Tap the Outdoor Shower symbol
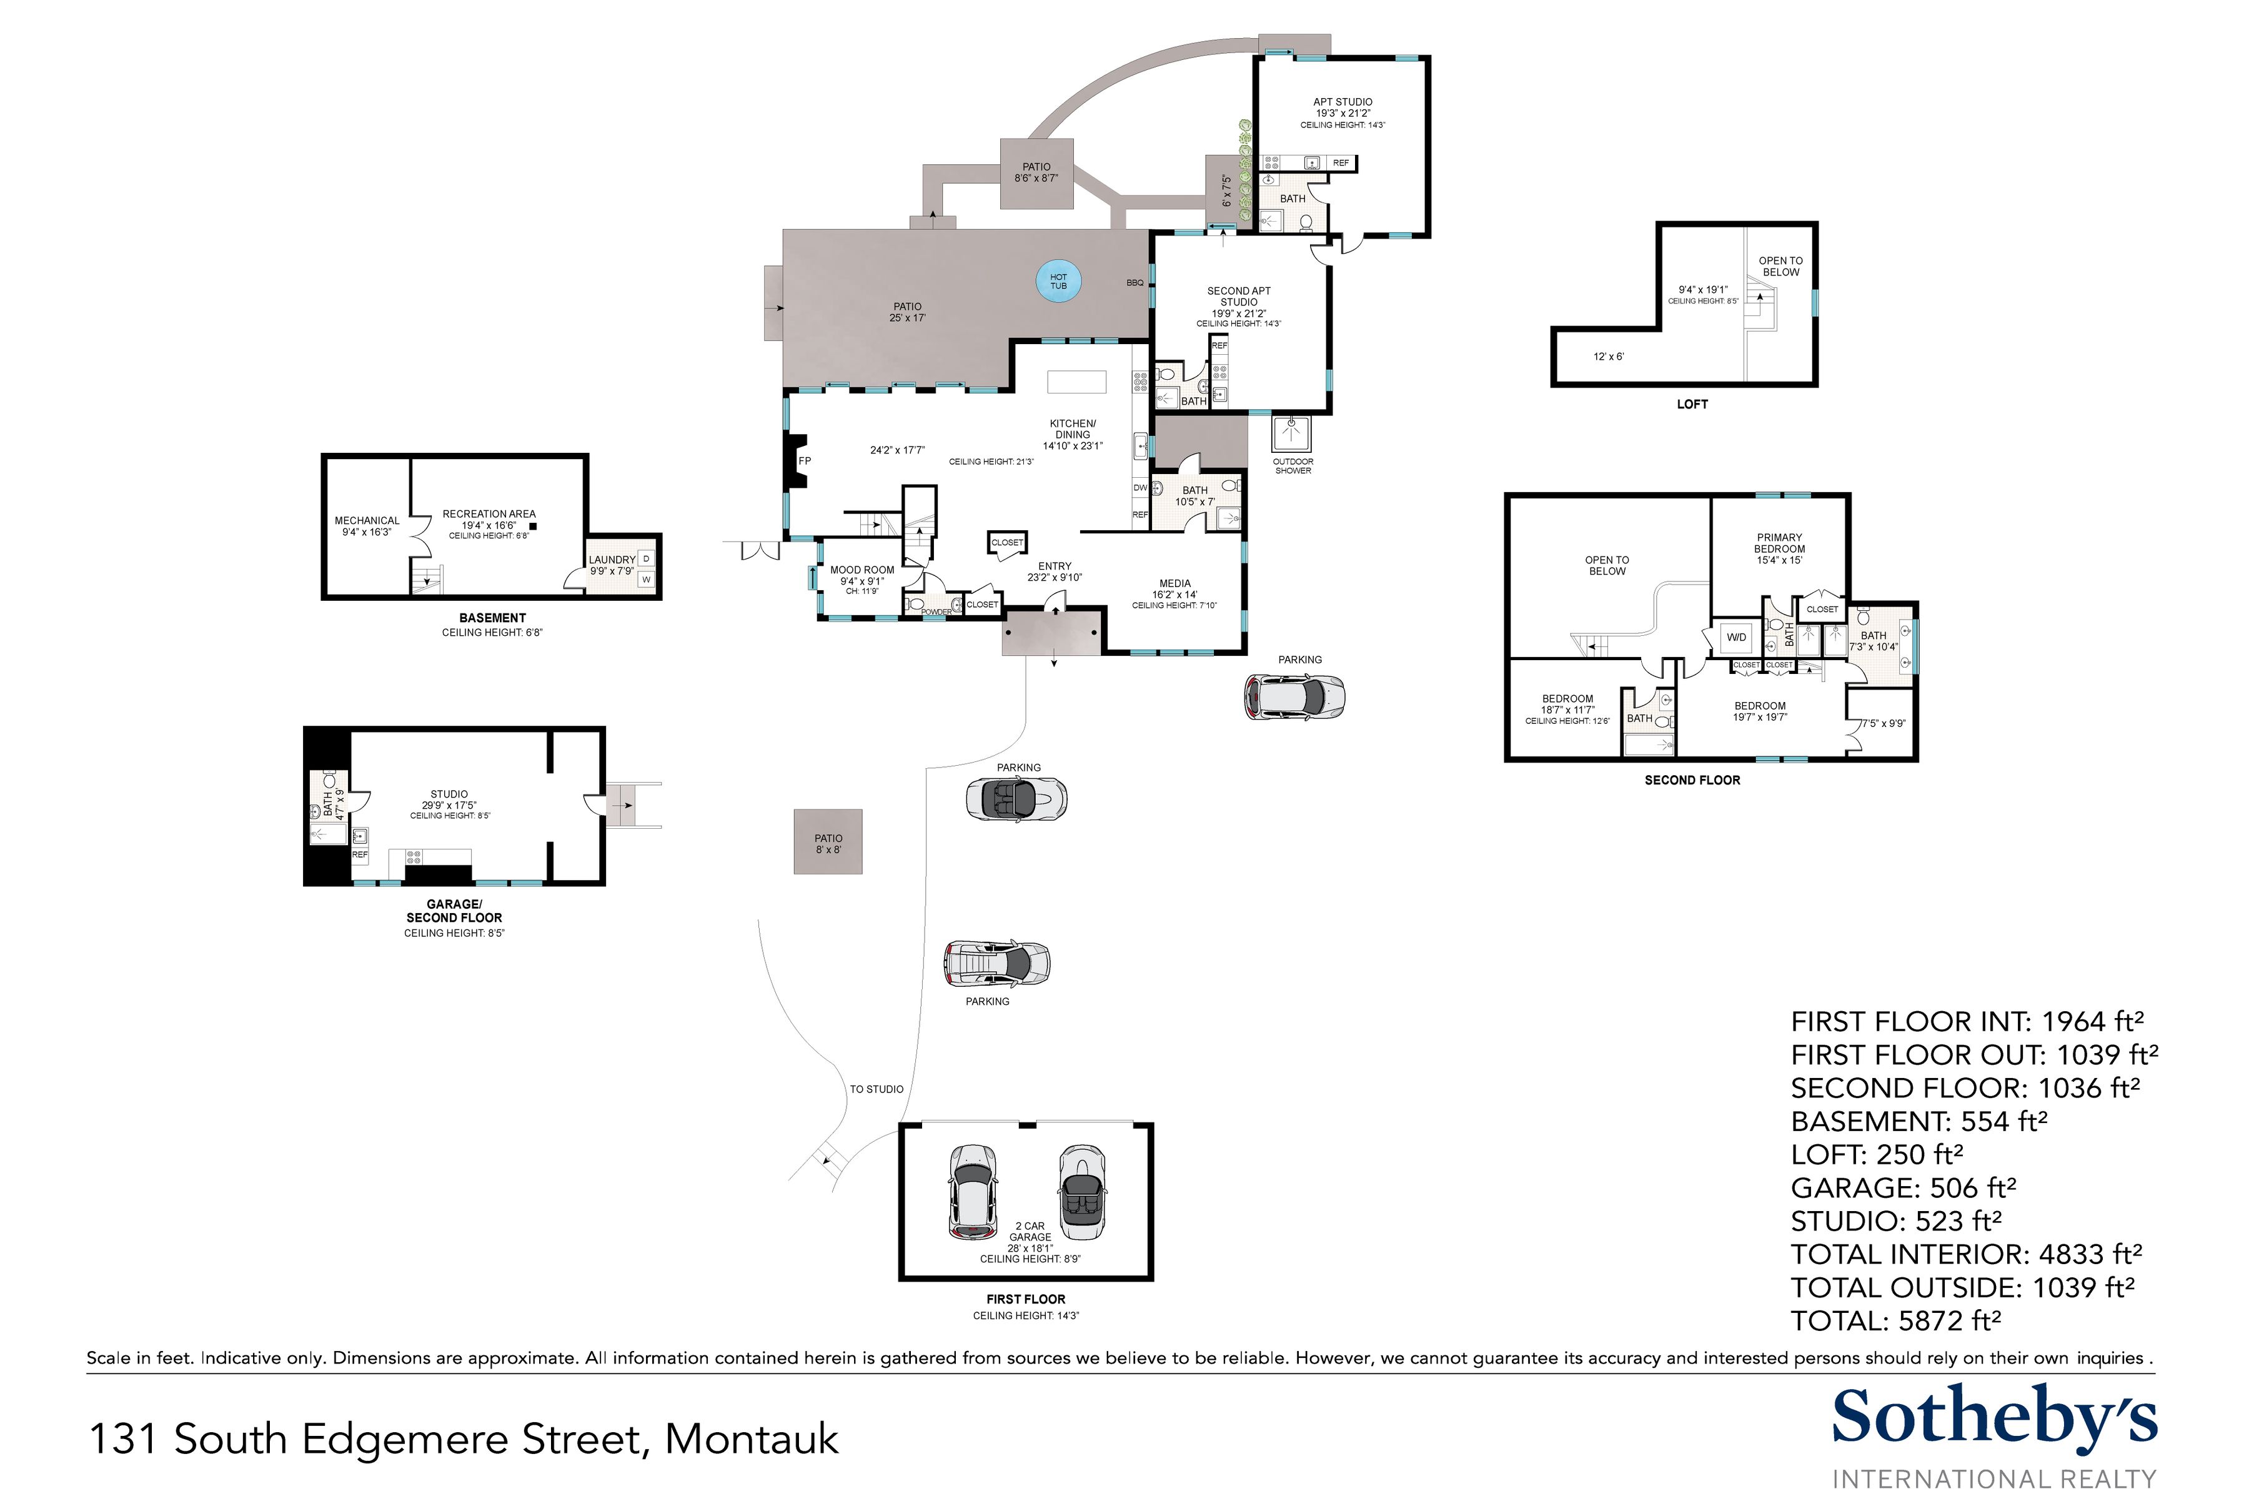(x=1292, y=433)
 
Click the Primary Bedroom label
(x=1779, y=543)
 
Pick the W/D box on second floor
(x=1735, y=638)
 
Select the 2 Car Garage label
(x=1029, y=1231)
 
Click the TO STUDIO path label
(x=876, y=1089)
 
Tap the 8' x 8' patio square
(x=828, y=842)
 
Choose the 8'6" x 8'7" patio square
(x=1036, y=173)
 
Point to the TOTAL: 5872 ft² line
(x=1895, y=1320)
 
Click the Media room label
(x=1174, y=583)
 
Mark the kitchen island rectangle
(x=1076, y=382)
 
